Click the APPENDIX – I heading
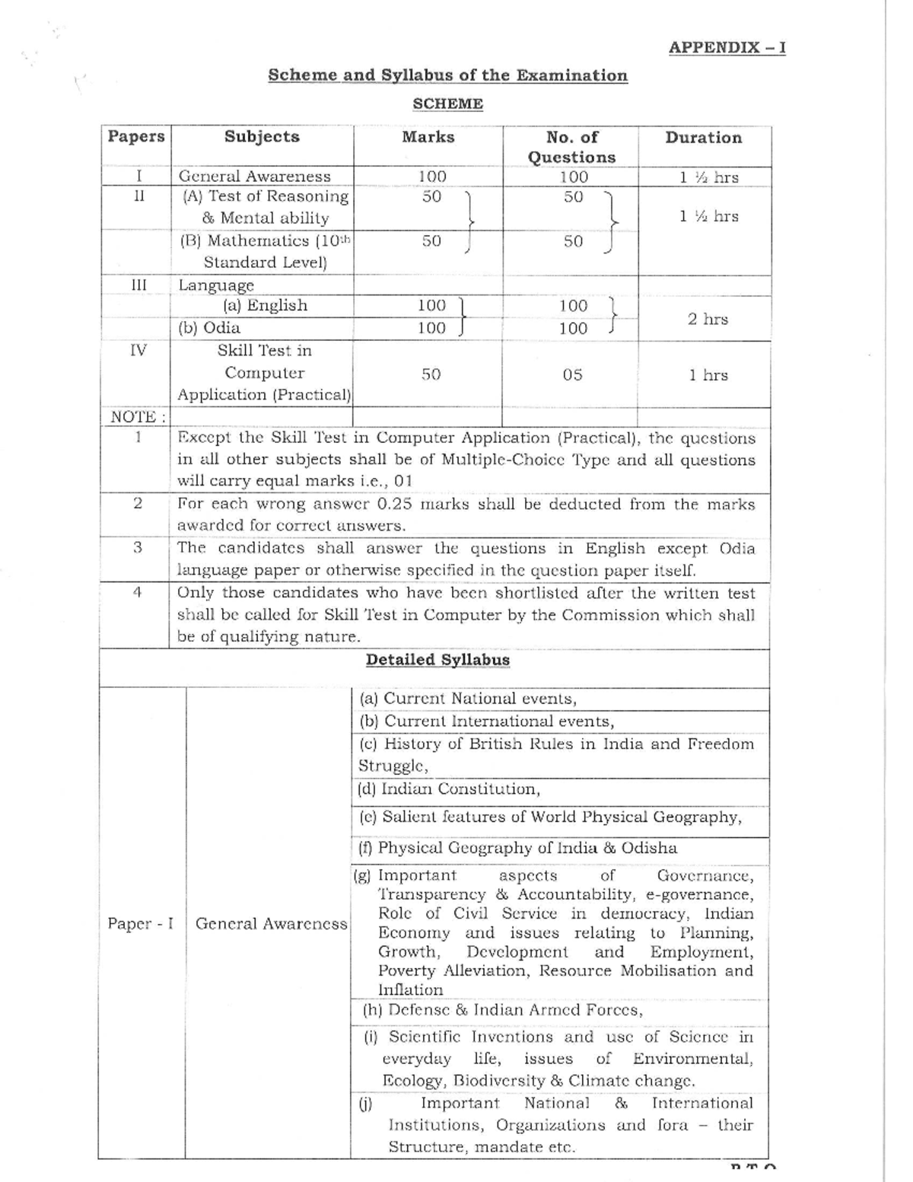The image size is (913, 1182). click(x=727, y=48)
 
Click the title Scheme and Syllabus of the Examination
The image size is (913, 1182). click(x=447, y=75)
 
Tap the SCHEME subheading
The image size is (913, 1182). click(x=447, y=104)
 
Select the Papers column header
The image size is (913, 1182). click(x=136, y=137)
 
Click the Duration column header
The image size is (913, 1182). click(x=703, y=138)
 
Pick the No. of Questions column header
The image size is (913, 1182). click(x=571, y=147)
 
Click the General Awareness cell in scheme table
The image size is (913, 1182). click(x=254, y=177)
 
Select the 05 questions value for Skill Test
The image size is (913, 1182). click(x=572, y=375)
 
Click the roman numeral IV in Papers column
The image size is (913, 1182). click(x=138, y=351)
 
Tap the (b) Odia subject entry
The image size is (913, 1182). click(x=209, y=328)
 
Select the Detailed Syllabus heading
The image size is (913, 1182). click(x=437, y=660)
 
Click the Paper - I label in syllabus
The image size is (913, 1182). click(x=141, y=924)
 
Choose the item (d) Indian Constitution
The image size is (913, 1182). click(x=449, y=789)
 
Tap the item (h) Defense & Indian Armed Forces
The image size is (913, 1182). click(x=503, y=1010)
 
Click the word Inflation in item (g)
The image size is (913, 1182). click(x=410, y=990)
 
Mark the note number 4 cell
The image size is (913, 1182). click(x=138, y=593)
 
